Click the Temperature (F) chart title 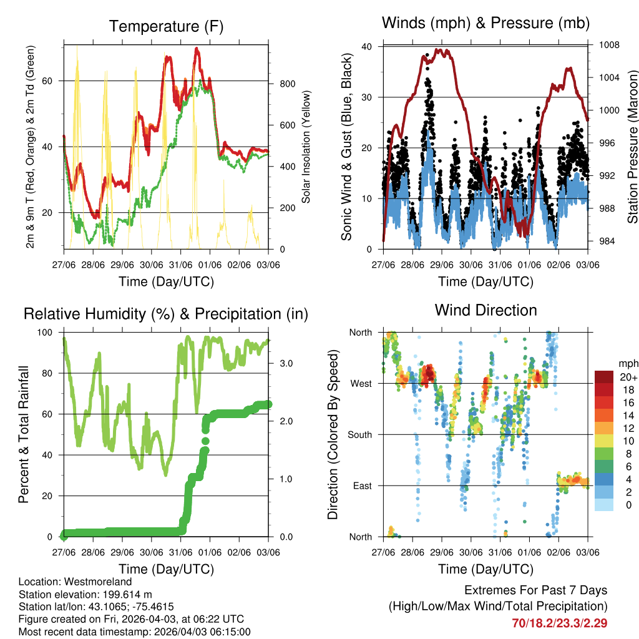coord(166,27)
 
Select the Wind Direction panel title coord(485,310)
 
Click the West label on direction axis coord(360,383)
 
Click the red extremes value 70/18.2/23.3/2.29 coord(560,623)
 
